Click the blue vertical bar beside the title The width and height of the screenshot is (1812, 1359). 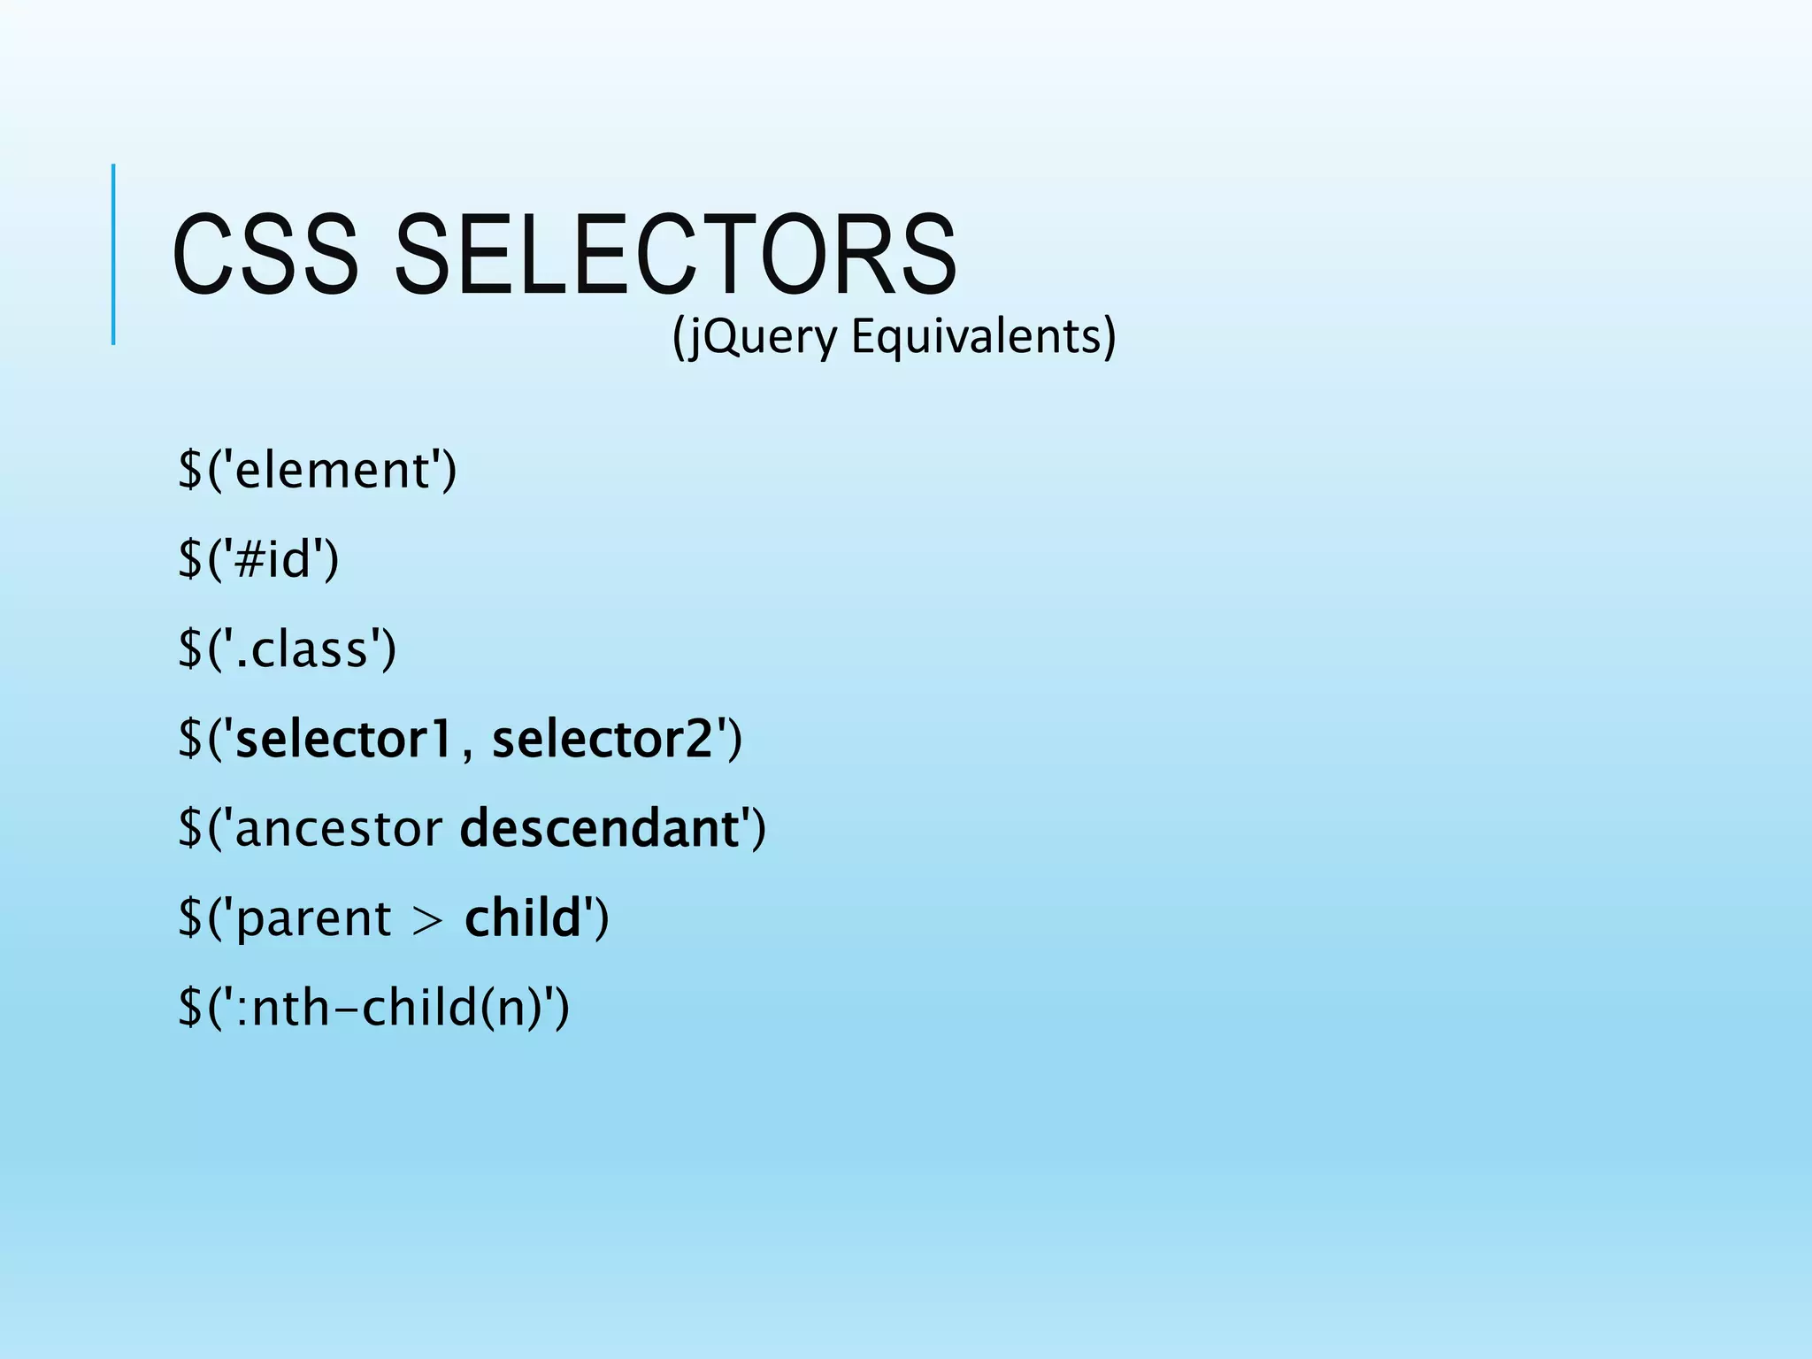(x=113, y=254)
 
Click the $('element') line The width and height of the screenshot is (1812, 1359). (x=317, y=470)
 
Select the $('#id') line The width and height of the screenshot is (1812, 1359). (x=258, y=559)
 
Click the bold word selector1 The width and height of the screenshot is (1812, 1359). (x=344, y=739)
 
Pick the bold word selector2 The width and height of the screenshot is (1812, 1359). (x=603, y=739)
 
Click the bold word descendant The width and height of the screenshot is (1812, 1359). (x=600, y=829)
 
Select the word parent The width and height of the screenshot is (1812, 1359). (x=314, y=918)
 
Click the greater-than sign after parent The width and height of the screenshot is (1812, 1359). (x=428, y=920)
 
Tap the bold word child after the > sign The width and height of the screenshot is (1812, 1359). (x=522, y=918)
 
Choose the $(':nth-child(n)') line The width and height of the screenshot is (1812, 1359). (x=373, y=1008)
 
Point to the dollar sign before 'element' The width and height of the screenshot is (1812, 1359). (x=190, y=470)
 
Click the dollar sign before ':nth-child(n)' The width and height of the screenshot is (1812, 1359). (x=190, y=1008)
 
